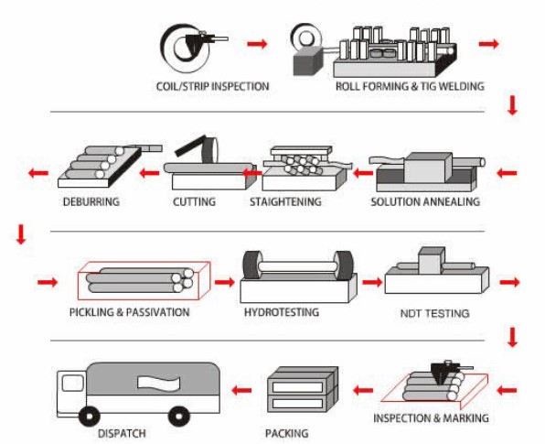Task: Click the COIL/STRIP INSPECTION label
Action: click(x=213, y=86)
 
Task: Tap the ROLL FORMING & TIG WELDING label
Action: click(x=410, y=86)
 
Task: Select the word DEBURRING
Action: click(x=91, y=201)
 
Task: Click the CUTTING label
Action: click(x=194, y=201)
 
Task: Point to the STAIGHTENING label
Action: click(x=285, y=201)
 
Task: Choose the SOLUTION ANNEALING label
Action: click(x=425, y=201)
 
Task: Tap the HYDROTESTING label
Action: click(x=282, y=312)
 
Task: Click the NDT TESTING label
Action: click(x=435, y=313)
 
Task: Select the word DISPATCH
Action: click(x=122, y=434)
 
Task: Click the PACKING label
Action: click(x=287, y=433)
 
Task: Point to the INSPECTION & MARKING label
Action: click(x=431, y=417)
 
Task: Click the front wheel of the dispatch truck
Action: click(x=90, y=417)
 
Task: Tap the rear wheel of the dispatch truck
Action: click(x=179, y=417)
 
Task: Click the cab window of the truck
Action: click(x=72, y=383)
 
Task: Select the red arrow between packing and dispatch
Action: click(x=241, y=390)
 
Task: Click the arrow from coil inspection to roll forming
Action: click(x=258, y=44)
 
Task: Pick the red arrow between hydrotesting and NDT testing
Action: click(x=372, y=281)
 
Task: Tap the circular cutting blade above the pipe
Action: click(x=210, y=150)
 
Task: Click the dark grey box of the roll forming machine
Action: click(x=308, y=61)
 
